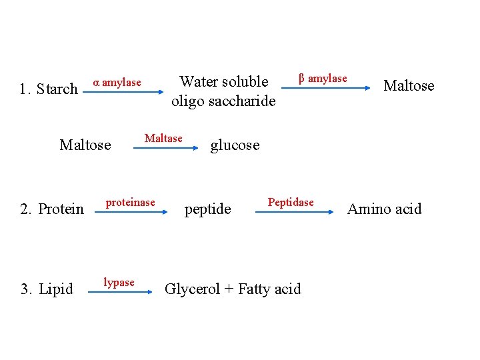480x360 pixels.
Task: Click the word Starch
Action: [x=57, y=89]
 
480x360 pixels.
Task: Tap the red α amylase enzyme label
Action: [x=117, y=83]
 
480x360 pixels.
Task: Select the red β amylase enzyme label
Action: [x=323, y=79]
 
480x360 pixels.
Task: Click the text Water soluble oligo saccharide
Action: [x=223, y=91]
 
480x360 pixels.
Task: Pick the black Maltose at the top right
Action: [x=409, y=86]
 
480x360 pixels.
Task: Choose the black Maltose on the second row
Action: [x=85, y=145]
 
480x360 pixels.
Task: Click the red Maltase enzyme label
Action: [x=163, y=139]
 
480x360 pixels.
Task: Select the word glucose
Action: [x=235, y=145]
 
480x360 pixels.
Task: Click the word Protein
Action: [x=61, y=209]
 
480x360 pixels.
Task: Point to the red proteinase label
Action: [x=131, y=202]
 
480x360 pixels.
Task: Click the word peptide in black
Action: [x=208, y=209]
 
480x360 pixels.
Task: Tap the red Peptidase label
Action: [x=291, y=202]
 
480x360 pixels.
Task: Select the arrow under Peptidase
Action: [x=294, y=212]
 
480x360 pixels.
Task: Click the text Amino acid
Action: [x=385, y=209]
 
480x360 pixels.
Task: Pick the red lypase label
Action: [x=119, y=283]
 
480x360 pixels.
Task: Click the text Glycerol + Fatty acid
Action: [x=233, y=289]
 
